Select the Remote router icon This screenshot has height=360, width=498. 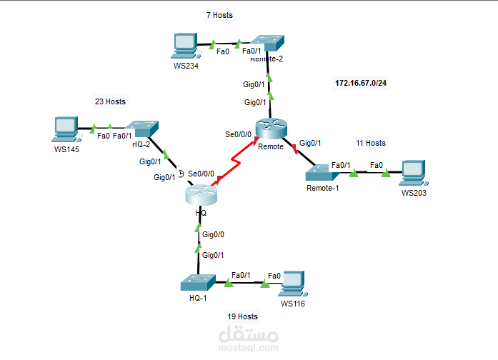tap(271, 129)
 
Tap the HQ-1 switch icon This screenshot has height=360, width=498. tap(198, 282)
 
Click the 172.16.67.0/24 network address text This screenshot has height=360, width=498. tap(361, 84)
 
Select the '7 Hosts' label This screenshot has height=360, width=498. tap(219, 15)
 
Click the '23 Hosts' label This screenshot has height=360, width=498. tap(110, 101)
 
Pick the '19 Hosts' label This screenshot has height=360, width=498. tap(242, 316)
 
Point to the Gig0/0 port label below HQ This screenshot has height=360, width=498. tap(213, 234)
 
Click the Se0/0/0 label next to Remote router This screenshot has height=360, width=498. tap(238, 134)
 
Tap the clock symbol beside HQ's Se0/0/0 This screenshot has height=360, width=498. tap(181, 173)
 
